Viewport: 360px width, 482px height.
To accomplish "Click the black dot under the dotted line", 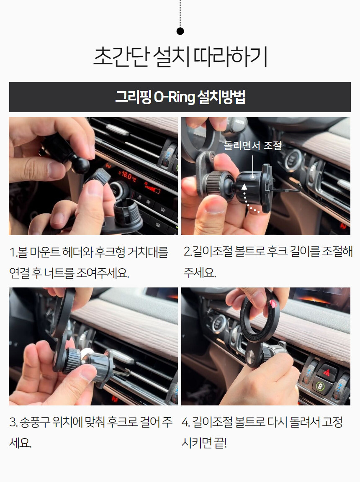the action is (180, 31).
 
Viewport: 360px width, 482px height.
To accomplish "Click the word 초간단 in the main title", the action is (121, 56).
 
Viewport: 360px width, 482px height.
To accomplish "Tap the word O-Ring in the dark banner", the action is (174, 97).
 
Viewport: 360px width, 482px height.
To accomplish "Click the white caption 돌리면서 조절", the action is (252, 145).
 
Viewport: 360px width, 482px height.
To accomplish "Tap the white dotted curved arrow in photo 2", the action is (249, 200).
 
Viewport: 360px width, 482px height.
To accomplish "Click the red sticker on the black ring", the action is (273, 303).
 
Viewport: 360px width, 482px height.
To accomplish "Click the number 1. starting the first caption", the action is (13, 252).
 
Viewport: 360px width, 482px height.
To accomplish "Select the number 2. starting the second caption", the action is (188, 251).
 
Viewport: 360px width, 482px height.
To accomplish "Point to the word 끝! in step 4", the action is (220, 443).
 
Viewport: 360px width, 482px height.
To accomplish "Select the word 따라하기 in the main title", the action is (230, 56).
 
